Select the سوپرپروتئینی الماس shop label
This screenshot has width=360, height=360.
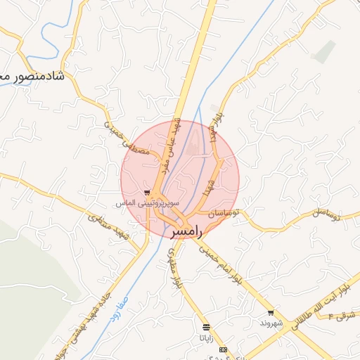pyautogui.click(x=148, y=203)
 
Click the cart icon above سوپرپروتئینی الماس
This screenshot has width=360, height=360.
pyautogui.click(x=146, y=192)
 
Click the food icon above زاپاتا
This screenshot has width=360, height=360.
pyautogui.click(x=205, y=327)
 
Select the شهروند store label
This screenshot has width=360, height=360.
pyautogui.click(x=271, y=323)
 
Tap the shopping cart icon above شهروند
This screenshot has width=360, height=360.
pyautogui.click(x=271, y=313)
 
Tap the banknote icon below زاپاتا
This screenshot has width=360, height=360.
pyautogui.click(x=224, y=349)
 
